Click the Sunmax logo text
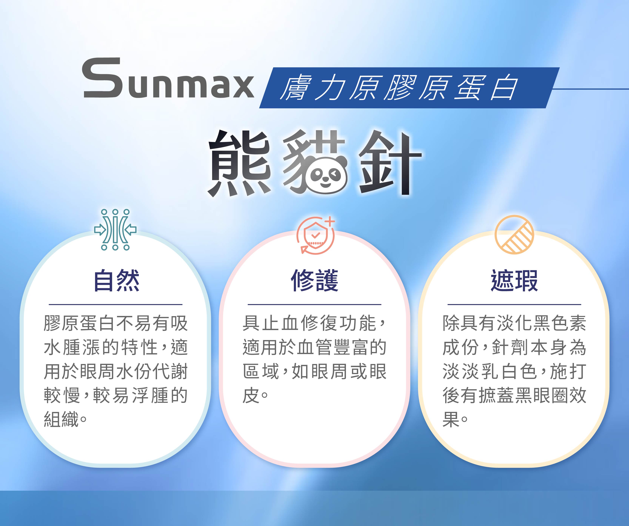[x=168, y=78]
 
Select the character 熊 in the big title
[x=240, y=163]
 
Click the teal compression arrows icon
[x=115, y=230]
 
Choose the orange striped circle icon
[x=514, y=235]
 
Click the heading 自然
[x=116, y=280]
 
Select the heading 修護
[x=314, y=280]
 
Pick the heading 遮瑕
[x=514, y=280]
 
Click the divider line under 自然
[x=116, y=304]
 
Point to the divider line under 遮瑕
[x=514, y=304]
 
